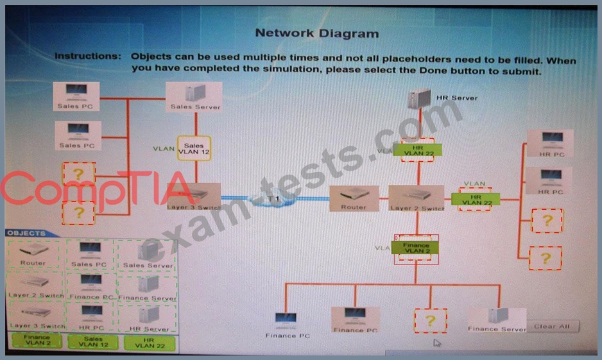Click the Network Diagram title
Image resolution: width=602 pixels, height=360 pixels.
point(316,33)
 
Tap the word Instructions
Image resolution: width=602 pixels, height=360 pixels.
point(88,56)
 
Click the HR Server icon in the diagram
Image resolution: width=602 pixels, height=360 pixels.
point(419,99)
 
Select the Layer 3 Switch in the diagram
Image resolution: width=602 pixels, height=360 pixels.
point(196,196)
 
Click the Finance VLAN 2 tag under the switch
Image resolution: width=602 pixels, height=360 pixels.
point(416,248)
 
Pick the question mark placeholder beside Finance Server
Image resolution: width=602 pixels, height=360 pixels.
point(431,321)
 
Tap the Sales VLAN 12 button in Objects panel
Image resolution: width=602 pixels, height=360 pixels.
point(93,341)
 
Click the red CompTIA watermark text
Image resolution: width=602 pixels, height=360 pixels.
point(90,189)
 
